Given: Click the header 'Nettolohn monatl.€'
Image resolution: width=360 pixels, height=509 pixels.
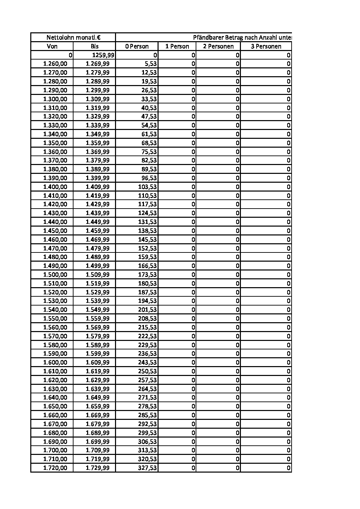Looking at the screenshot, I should [x=73, y=37].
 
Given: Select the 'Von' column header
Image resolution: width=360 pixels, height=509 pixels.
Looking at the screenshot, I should [x=52, y=46].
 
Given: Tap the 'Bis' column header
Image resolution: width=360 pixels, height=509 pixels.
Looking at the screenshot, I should [x=94, y=46].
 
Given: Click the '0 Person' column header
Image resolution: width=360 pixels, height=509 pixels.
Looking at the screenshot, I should [x=137, y=46].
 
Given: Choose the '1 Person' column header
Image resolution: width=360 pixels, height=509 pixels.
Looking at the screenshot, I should [x=177, y=46].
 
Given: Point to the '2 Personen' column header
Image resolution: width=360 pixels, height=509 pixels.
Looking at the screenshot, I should [x=218, y=46].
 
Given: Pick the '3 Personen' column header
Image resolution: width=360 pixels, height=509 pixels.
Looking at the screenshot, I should [x=266, y=46].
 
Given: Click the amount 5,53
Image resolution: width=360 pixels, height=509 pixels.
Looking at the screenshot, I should [x=149, y=64].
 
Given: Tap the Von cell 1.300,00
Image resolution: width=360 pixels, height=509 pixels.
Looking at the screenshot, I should [x=55, y=99].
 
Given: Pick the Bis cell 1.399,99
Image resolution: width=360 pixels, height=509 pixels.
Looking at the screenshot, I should [x=98, y=178].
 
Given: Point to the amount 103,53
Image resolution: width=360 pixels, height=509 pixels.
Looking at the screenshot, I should [x=147, y=187].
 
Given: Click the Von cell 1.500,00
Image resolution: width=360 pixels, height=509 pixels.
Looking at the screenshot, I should [x=55, y=275].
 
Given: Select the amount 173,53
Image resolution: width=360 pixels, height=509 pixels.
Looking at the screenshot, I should [x=147, y=275].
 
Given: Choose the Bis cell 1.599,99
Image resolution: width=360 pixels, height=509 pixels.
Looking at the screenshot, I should [x=98, y=354].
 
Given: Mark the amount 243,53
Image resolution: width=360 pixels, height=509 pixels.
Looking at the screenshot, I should [x=147, y=362].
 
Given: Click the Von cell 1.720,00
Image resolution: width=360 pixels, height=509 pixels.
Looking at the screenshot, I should [x=55, y=468].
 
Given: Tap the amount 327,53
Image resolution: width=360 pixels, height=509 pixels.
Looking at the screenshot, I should [x=147, y=468].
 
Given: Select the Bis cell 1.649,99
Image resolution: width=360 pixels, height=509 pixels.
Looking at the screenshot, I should [x=98, y=397].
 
